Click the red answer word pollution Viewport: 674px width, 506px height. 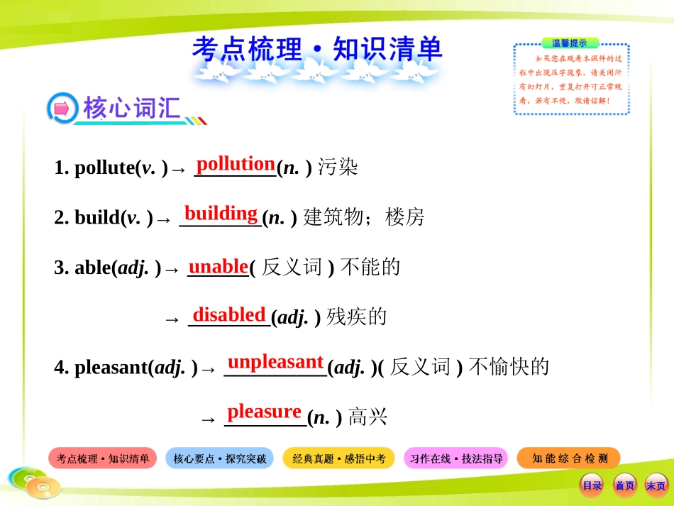pyautogui.click(x=236, y=164)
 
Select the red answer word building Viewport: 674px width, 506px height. pyautogui.click(x=221, y=213)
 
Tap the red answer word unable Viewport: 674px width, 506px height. pyautogui.click(x=218, y=266)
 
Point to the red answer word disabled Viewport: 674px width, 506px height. pyautogui.click(x=229, y=314)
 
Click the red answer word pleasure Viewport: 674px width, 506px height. pyautogui.click(x=264, y=412)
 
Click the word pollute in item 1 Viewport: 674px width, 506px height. pyautogui.click(x=104, y=168)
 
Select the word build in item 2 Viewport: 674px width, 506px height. pyautogui.click(x=96, y=218)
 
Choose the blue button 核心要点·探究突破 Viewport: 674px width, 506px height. pyautogui.click(x=220, y=459)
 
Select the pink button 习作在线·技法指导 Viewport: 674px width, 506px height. pyautogui.click(x=456, y=459)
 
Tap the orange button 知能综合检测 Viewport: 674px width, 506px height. pyautogui.click(x=569, y=458)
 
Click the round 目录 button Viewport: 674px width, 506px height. pyautogui.click(x=592, y=485)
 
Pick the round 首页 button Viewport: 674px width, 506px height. pyautogui.click(x=624, y=485)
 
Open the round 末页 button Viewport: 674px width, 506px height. pyautogui.click(x=656, y=485)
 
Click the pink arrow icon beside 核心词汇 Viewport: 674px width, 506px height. pyautogui.click(x=61, y=109)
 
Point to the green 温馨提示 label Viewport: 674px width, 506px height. pyautogui.click(x=569, y=43)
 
